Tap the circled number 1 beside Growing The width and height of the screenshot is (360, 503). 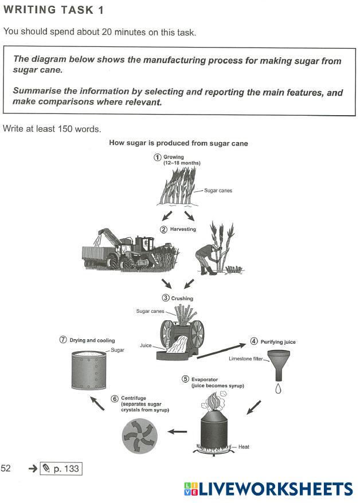pyautogui.click(x=157, y=158)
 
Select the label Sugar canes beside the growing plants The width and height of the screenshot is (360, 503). pyautogui.click(x=218, y=190)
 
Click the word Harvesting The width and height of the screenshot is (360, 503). pyautogui.click(x=183, y=229)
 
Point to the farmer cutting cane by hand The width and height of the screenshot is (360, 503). pyautogui.click(x=208, y=252)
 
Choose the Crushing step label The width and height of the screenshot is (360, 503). pyautogui.click(x=182, y=298)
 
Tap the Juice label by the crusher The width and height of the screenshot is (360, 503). pyautogui.click(x=145, y=346)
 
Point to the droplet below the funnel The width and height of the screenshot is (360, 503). pyautogui.click(x=279, y=389)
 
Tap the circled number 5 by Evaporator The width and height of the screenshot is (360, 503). pyautogui.click(x=185, y=379)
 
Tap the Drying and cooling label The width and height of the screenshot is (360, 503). pyautogui.click(x=92, y=340)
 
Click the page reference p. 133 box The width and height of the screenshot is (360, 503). pyautogui.click(x=62, y=469)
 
